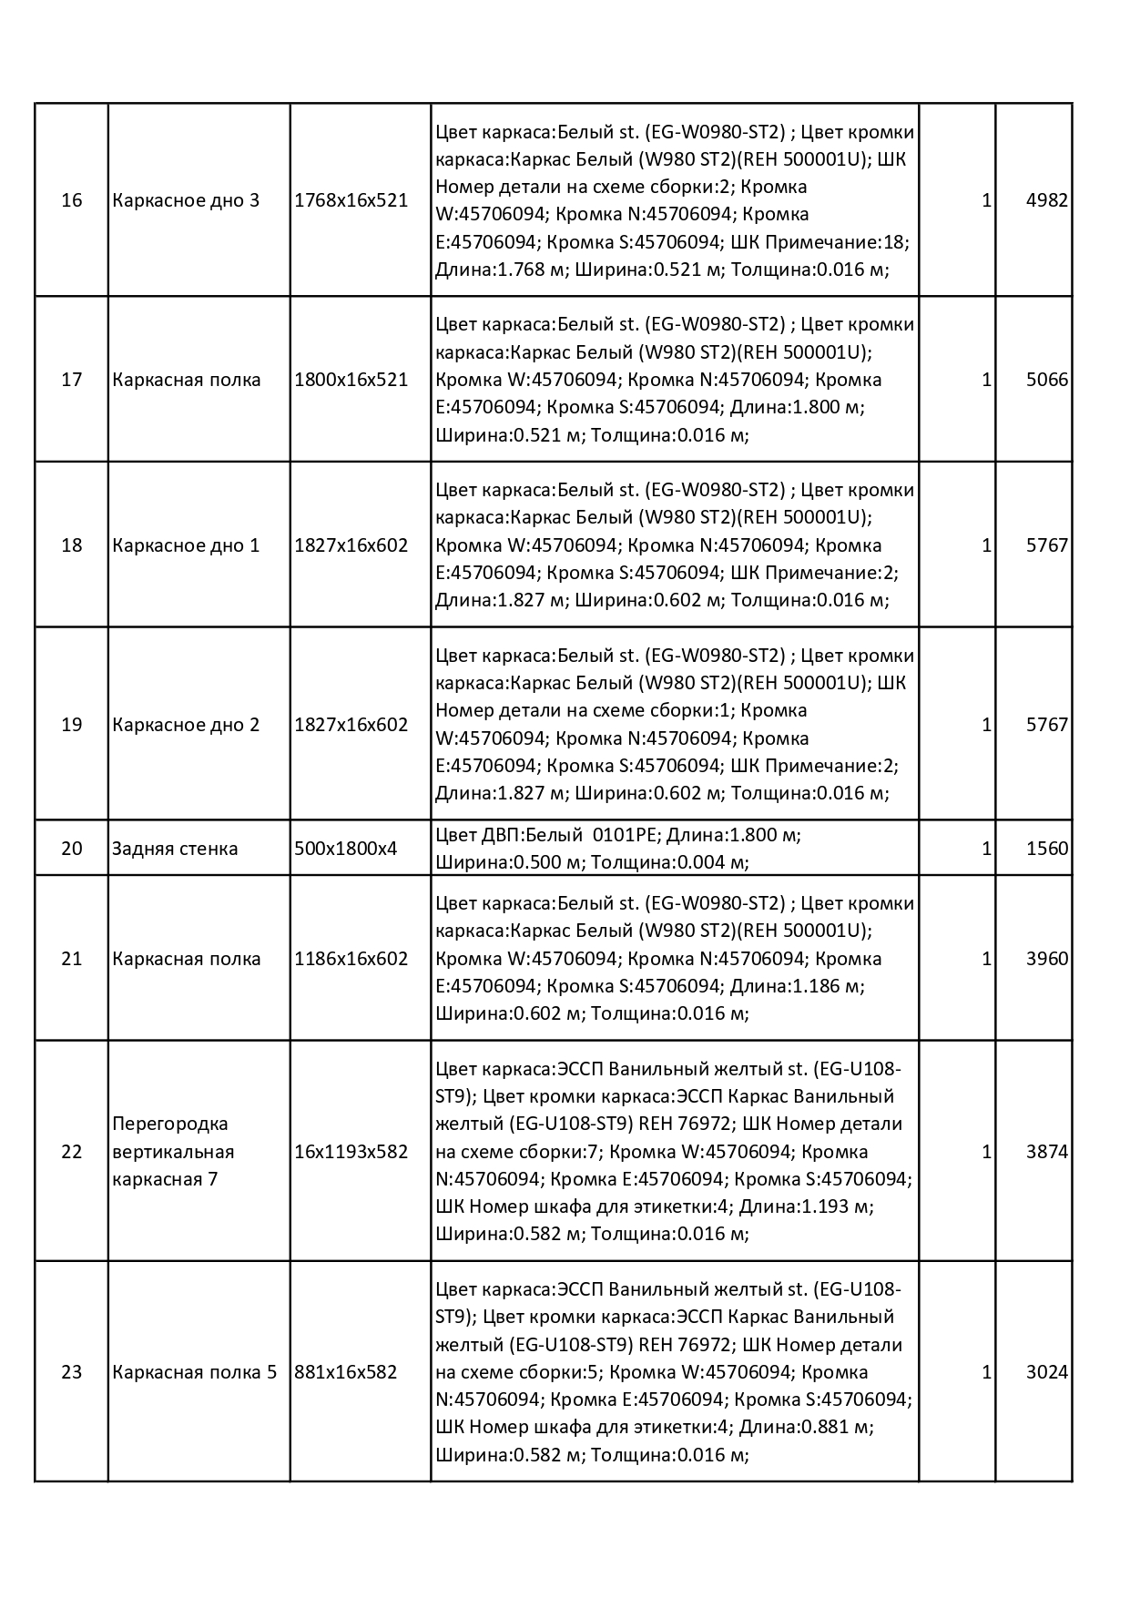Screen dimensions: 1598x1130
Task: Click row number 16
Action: coord(72,200)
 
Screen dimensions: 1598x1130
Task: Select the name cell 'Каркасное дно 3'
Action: coord(186,200)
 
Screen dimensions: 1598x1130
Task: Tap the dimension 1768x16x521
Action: coord(351,200)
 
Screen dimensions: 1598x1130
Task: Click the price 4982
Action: coord(1046,200)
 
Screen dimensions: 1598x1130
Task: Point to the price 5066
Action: coord(1046,380)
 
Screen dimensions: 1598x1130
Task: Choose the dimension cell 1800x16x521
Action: coord(351,380)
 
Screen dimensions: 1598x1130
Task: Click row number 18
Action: coord(72,545)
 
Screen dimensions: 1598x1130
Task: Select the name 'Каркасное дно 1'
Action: coord(186,545)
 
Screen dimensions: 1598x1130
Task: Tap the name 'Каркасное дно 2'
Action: coord(186,725)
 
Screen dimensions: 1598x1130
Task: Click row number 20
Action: coord(72,849)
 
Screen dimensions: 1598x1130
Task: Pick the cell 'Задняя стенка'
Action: coord(175,849)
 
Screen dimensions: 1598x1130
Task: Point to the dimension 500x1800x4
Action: coord(346,849)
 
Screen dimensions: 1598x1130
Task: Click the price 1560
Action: coord(1046,849)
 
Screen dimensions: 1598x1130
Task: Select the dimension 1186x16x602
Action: coord(351,959)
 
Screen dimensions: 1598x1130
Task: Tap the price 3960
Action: coord(1046,959)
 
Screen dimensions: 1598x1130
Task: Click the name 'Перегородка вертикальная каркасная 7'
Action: coord(173,1152)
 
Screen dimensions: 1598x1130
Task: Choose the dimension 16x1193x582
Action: coord(351,1152)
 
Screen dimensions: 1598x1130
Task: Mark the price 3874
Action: coord(1046,1152)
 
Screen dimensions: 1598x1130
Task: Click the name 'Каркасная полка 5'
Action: coord(194,1372)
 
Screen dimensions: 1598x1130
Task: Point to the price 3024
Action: coord(1046,1372)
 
